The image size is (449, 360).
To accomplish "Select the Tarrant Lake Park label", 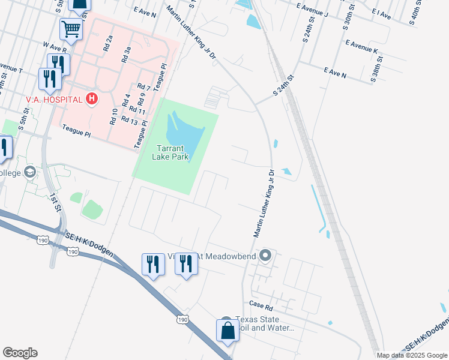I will point(173,152).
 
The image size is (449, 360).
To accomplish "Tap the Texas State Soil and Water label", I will point(265,324).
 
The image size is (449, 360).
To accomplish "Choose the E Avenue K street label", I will point(361,47).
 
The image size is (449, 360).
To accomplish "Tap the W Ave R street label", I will point(55,47).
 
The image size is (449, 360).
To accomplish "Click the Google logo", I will point(20,353).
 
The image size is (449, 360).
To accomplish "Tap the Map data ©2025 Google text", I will point(412,355).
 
